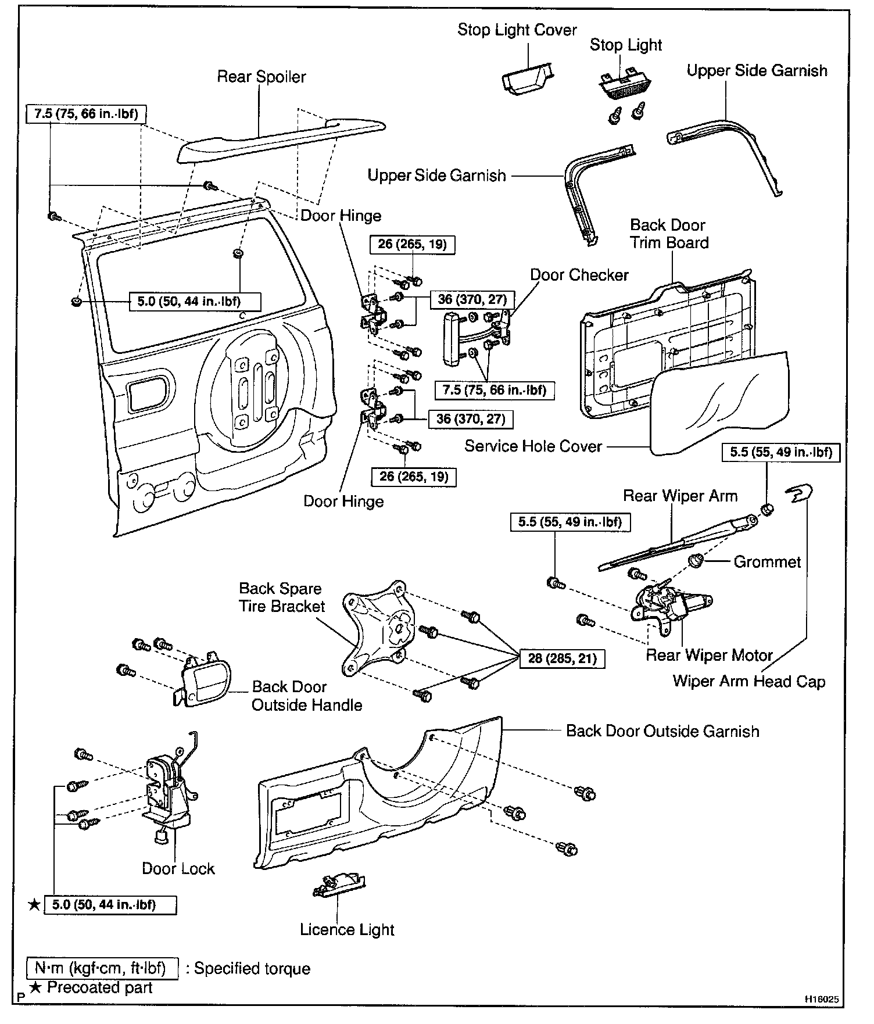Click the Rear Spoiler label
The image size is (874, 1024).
click(x=261, y=77)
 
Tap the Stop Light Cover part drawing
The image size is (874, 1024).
click(x=526, y=78)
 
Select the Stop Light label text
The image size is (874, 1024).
click(x=626, y=45)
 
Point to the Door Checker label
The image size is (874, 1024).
click(x=579, y=275)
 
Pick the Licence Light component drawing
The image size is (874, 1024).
click(x=339, y=886)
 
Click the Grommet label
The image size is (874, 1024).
click(x=767, y=562)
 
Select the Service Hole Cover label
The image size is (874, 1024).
click(x=533, y=446)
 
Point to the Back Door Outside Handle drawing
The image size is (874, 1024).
click(x=203, y=683)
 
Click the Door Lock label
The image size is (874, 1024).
click(x=178, y=869)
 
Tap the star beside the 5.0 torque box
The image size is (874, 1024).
click(x=34, y=905)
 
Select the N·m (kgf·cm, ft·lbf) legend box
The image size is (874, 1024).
click(x=102, y=969)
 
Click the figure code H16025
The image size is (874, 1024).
click(x=821, y=1000)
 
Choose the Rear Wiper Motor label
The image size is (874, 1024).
click(x=709, y=656)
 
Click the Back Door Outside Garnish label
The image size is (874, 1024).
click(x=662, y=731)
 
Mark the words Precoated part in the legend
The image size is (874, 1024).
click(x=99, y=988)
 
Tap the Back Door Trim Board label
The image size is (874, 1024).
click(x=669, y=234)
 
